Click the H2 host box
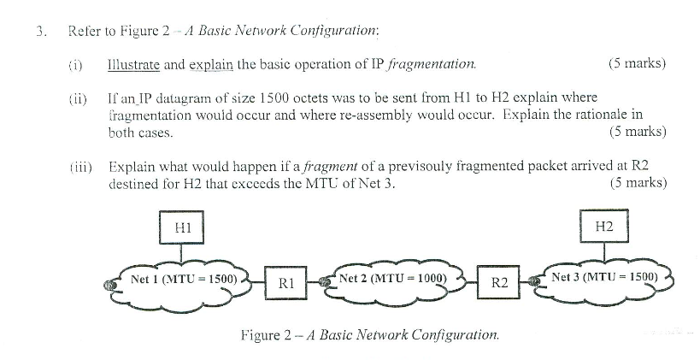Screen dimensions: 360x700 click(x=603, y=227)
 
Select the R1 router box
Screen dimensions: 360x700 click(x=285, y=283)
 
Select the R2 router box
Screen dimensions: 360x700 click(x=501, y=283)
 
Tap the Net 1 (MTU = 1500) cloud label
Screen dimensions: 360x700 click(x=182, y=279)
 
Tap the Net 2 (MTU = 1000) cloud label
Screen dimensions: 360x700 click(x=392, y=279)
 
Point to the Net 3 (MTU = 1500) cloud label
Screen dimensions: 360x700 click(x=604, y=277)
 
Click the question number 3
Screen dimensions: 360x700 click(x=40, y=32)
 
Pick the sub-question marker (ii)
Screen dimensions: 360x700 click(x=77, y=98)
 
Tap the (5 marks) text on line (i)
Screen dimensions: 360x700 click(x=637, y=64)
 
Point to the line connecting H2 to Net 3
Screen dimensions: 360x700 click(x=603, y=254)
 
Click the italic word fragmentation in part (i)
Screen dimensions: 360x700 click(x=432, y=64)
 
